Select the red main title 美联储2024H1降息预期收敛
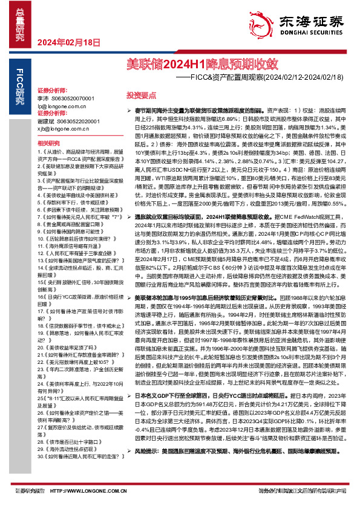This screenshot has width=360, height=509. (202, 62)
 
